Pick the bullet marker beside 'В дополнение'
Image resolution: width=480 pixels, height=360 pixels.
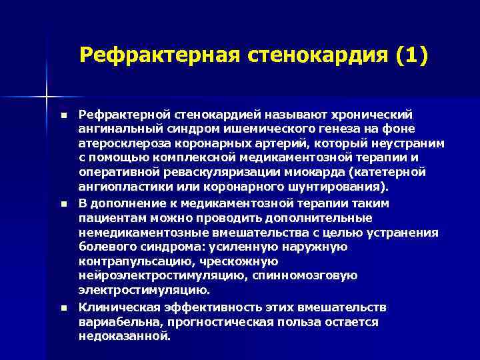64,203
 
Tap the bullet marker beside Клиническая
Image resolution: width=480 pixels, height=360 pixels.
64,307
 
